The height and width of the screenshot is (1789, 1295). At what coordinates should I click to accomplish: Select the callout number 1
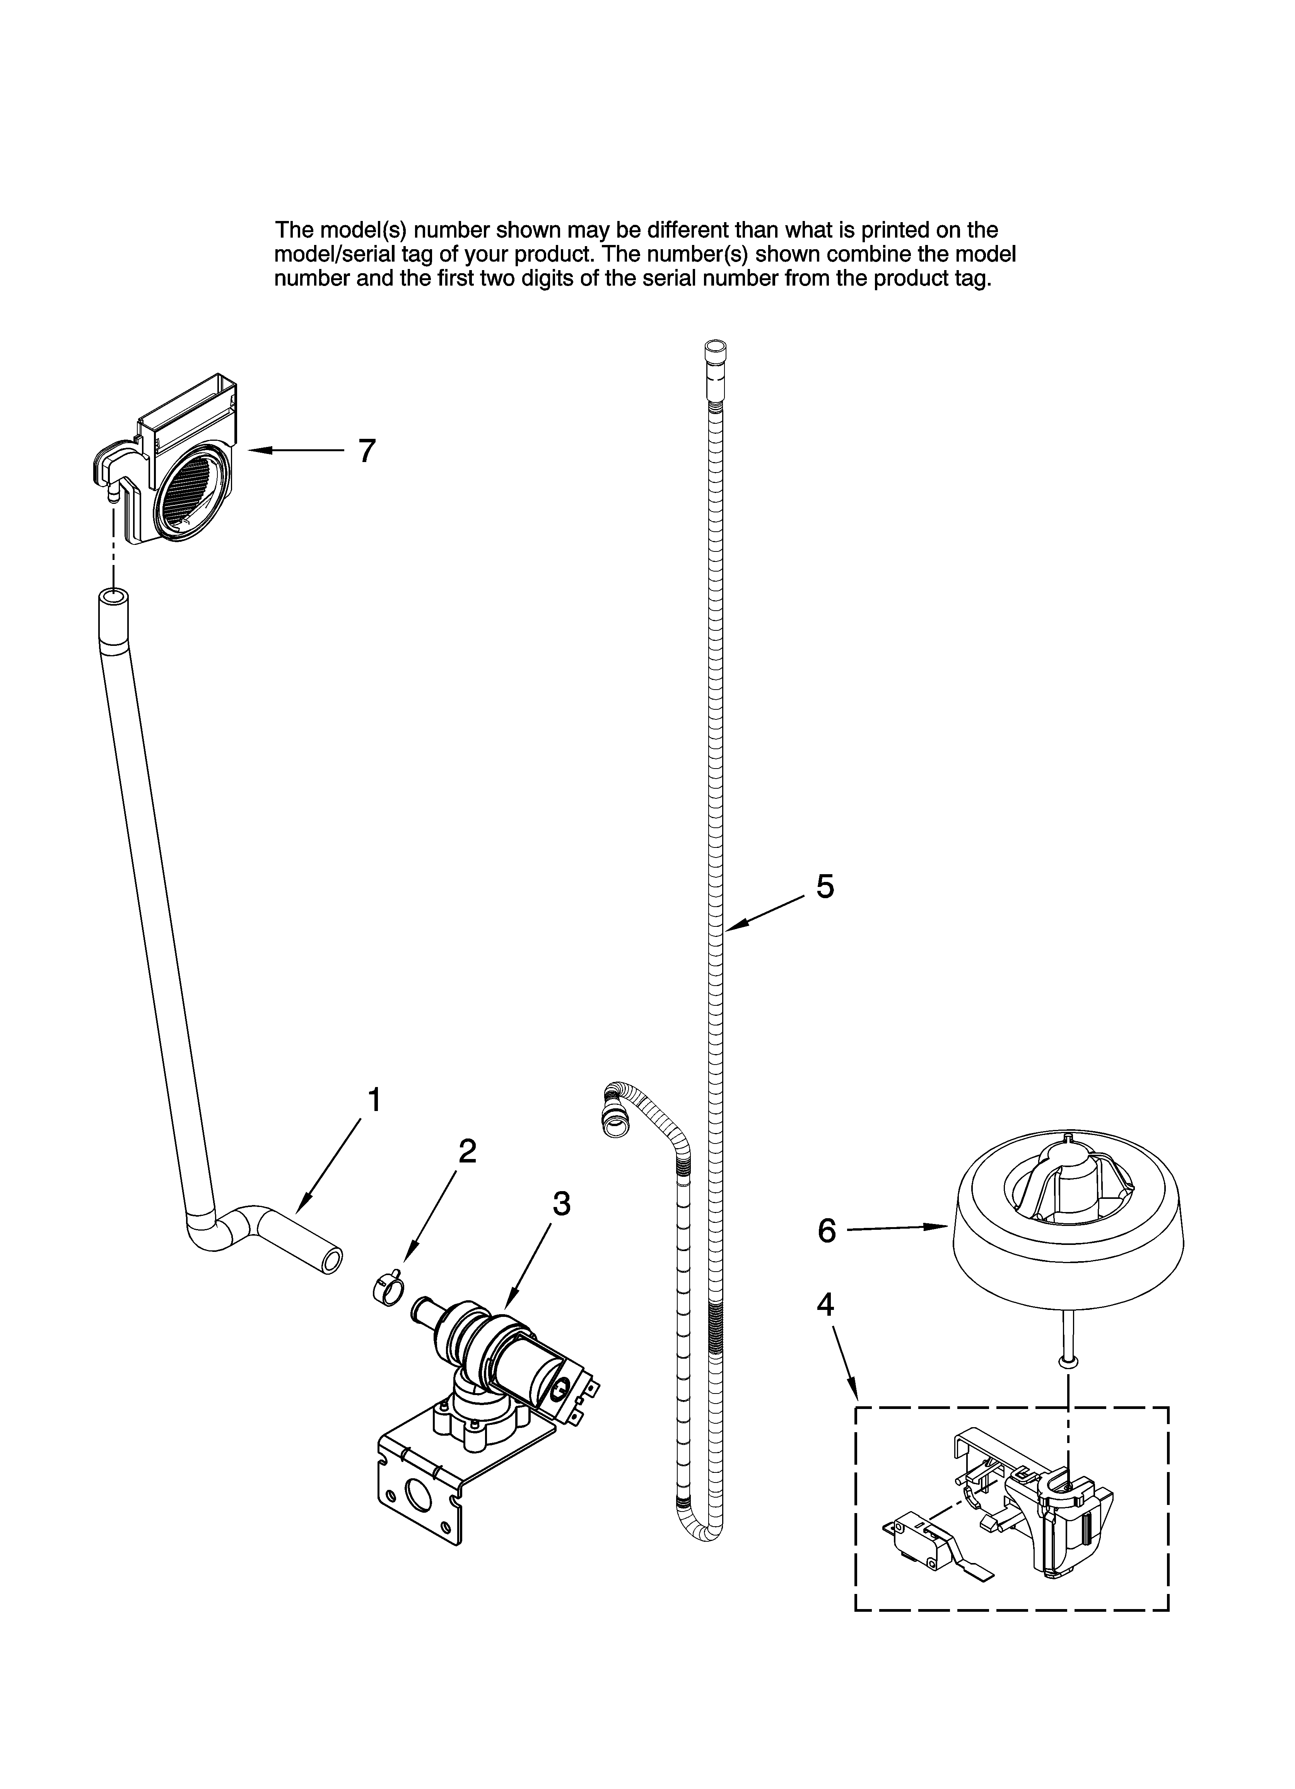point(375,1099)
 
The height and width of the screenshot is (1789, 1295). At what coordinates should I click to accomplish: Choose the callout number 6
point(826,1253)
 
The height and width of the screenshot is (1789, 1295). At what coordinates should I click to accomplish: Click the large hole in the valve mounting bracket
point(415,1491)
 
